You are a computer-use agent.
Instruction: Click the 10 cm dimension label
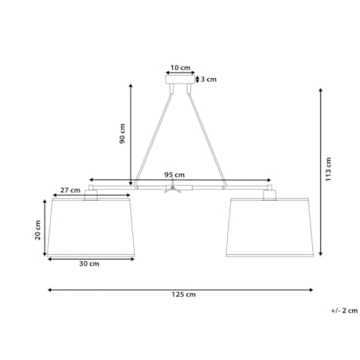point(180,68)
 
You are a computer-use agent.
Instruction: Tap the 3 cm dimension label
point(209,80)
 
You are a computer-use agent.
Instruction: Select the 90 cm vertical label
point(122,134)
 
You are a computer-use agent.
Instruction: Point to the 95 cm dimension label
point(174,175)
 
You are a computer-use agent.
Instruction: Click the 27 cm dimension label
point(70,190)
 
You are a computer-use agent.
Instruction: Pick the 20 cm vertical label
point(38,230)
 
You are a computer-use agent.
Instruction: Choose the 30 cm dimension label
point(89,264)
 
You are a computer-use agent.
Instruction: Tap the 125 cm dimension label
point(184,295)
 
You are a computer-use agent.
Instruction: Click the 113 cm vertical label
point(328,170)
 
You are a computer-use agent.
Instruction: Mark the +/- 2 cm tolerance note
point(345,311)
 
